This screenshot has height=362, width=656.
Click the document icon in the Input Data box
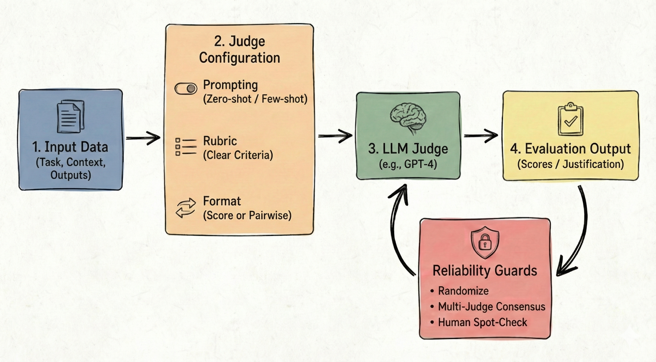pos(70,117)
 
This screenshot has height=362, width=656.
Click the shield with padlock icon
pos(485,243)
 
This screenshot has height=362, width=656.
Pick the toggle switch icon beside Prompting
pos(186,89)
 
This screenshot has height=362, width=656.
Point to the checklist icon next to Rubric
pos(186,147)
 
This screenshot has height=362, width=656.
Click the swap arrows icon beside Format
pos(186,208)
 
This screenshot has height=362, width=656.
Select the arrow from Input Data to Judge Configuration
pos(143,138)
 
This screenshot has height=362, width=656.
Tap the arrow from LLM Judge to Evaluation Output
pos(481,135)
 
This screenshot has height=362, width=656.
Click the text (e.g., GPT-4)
pos(408,164)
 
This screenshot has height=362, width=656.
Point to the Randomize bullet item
pos(463,291)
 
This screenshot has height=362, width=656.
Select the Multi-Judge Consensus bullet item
pos(491,307)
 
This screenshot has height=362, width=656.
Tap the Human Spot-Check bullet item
pos(482,322)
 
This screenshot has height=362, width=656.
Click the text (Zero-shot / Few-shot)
pos(255,99)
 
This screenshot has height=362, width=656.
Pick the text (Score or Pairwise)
pos(247,215)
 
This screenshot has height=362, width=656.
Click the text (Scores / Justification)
pos(570,164)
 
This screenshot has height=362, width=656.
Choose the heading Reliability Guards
pos(485,271)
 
